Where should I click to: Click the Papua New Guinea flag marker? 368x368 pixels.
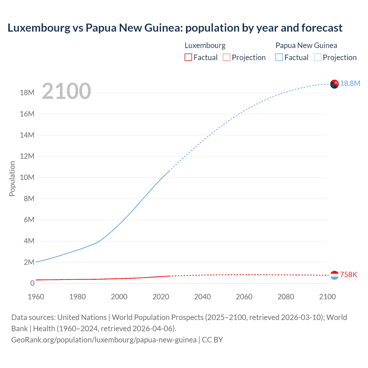click(334, 84)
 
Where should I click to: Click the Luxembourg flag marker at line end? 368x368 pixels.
click(334, 275)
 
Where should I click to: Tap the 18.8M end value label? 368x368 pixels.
click(350, 83)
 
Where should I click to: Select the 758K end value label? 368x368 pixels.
click(348, 275)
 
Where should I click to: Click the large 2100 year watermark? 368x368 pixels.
click(66, 91)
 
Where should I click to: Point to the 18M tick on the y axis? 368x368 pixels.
click(27, 93)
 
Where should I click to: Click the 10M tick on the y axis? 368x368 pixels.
click(27, 177)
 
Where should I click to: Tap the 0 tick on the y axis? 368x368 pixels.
click(32, 283)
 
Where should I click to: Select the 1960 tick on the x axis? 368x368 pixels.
click(36, 297)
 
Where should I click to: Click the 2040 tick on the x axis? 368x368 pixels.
click(202, 297)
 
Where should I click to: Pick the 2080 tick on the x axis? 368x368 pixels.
click(286, 297)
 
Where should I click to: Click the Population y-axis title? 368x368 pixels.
click(12, 179)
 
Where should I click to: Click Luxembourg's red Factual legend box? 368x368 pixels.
click(188, 57)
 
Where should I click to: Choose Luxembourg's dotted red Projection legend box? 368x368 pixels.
click(227, 57)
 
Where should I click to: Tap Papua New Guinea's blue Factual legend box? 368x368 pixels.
click(279, 57)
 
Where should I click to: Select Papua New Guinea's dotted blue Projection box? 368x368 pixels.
click(317, 57)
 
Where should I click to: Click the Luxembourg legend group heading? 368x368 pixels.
click(205, 45)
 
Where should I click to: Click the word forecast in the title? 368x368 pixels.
click(322, 28)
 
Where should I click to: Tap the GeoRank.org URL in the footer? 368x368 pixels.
click(104, 340)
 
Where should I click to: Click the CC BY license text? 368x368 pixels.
click(212, 340)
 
